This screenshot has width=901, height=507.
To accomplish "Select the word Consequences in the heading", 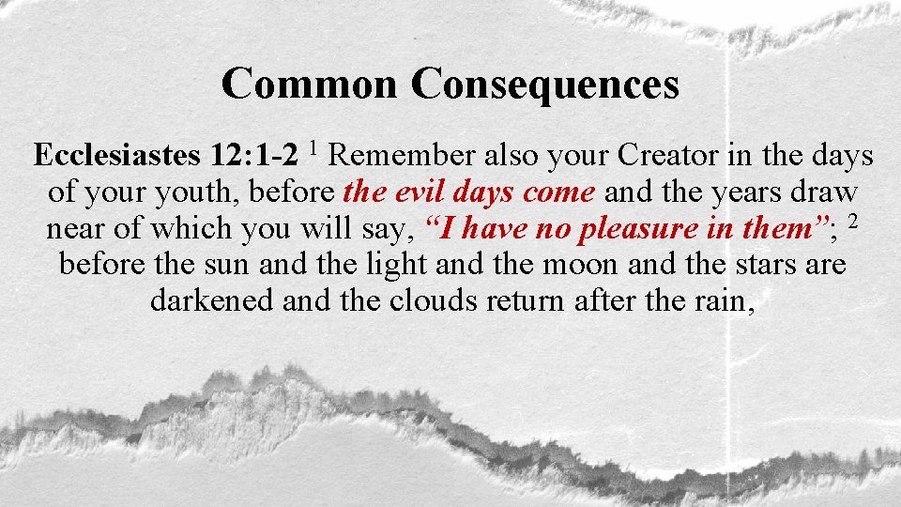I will (544, 84).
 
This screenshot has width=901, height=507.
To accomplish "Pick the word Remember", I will (404, 156).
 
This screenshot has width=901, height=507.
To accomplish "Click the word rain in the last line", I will (721, 300).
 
